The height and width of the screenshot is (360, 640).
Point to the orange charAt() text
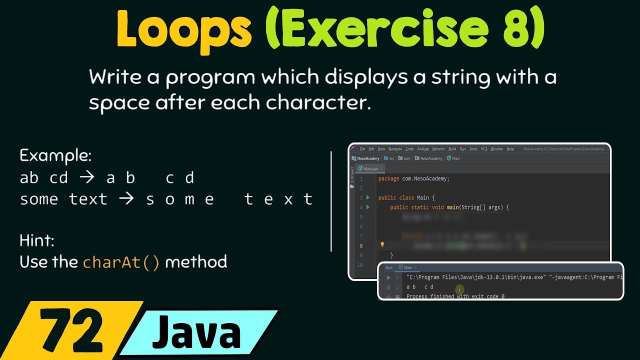point(121,262)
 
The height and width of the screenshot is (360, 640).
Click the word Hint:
point(37,241)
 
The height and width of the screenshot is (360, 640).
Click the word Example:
point(55,156)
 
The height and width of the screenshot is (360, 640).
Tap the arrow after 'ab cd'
point(88,178)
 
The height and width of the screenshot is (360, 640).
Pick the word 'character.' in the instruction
point(318,102)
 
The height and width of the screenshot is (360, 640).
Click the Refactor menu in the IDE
point(438,149)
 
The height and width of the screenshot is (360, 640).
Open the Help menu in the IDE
point(510,149)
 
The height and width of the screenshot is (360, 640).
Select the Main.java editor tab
point(370,169)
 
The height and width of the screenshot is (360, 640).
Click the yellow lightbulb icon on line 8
point(382,245)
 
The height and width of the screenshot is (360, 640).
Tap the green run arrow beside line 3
point(368,197)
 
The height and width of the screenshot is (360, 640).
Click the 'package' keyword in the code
point(389,178)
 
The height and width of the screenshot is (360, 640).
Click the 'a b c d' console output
point(420,287)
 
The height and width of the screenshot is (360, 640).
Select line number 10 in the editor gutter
point(360,264)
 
